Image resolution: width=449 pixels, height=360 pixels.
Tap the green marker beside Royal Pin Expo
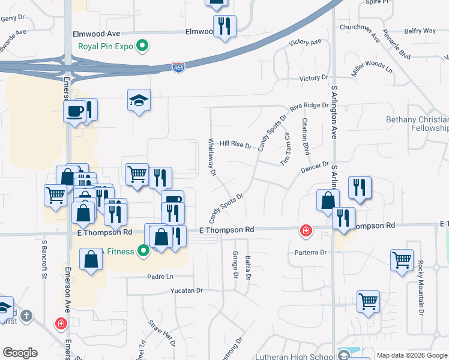pos(142,45)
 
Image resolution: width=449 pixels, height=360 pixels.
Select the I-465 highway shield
pos(178,67)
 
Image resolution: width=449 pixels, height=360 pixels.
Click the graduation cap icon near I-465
pos(139,100)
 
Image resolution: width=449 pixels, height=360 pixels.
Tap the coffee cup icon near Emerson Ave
pos(74,112)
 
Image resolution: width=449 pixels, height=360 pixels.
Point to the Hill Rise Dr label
pos(234,144)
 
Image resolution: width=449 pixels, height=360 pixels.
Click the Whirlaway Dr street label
pos(211,157)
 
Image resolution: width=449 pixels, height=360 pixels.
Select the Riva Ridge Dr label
pos(309,106)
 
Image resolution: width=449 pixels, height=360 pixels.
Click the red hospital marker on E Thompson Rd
pos(306,230)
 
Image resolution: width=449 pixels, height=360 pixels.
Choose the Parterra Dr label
pos(310,253)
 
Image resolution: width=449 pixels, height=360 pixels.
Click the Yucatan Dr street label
pos(186,290)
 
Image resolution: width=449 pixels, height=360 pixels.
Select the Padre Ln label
pos(160,277)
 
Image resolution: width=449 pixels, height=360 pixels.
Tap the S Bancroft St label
pos(44,260)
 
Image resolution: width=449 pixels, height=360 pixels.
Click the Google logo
pos(20,353)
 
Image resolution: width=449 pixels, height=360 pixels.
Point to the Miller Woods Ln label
pos(372,67)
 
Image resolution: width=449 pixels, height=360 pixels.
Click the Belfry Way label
pos(420,31)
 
